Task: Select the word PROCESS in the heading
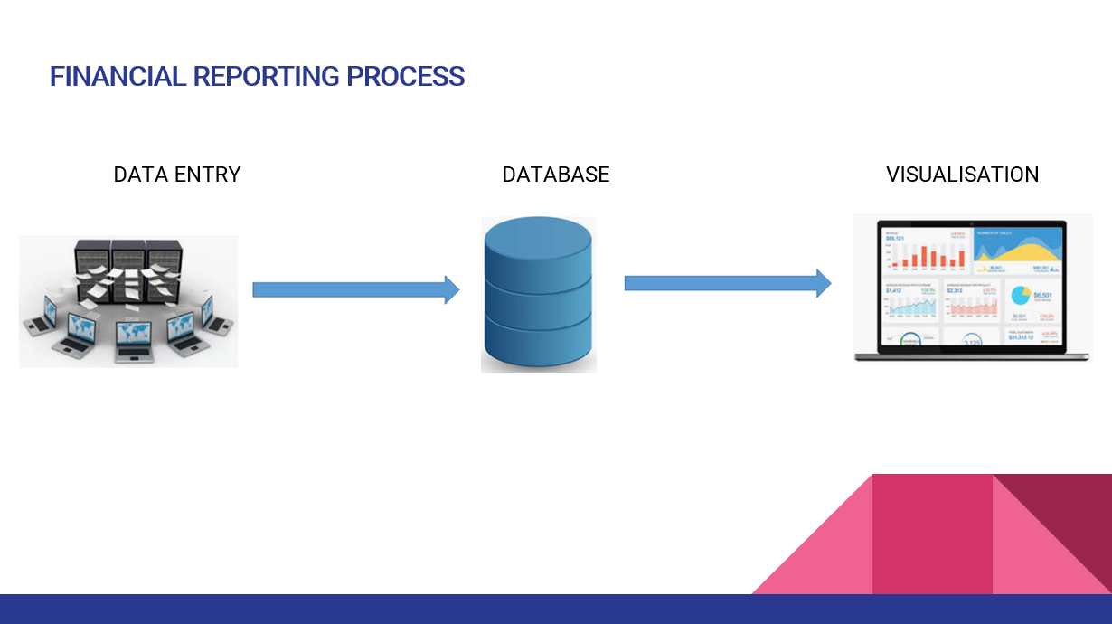[406, 77]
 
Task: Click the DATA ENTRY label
[177, 175]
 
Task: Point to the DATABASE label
[556, 175]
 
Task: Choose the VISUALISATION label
[962, 175]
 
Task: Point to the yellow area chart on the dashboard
[1017, 250]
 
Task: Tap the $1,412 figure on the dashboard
[893, 290]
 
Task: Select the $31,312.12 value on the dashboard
[1022, 338]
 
